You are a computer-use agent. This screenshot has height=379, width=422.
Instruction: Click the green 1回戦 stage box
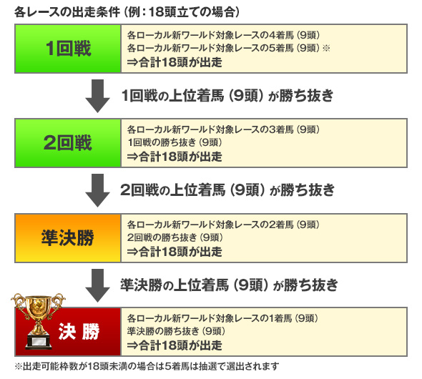tap(68, 49)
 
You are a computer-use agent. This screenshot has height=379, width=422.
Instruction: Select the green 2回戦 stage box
tap(68, 143)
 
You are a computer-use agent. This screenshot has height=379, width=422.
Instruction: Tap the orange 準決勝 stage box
tap(68, 238)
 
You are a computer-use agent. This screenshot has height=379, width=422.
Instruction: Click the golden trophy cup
tap(38, 320)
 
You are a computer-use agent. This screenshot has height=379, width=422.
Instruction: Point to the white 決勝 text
tap(79, 331)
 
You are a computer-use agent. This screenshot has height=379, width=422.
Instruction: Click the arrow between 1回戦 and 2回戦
tap(97, 96)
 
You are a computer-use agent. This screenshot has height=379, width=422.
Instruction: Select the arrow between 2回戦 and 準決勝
tap(97, 190)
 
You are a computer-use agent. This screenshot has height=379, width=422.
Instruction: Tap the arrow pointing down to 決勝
tap(97, 285)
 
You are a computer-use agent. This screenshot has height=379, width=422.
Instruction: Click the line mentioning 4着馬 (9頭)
tap(223, 35)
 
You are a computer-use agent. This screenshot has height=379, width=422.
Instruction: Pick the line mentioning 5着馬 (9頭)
tap(223, 48)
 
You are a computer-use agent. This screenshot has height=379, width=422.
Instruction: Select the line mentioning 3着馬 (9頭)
tap(223, 129)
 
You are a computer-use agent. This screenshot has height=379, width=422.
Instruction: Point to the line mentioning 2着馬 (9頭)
tap(223, 225)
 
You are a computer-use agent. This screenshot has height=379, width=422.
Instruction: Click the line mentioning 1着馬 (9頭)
tap(222, 318)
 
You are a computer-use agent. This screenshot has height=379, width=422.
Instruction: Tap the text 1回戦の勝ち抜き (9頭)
tap(175, 142)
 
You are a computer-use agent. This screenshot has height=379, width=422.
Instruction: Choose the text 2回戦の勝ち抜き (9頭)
tap(175, 237)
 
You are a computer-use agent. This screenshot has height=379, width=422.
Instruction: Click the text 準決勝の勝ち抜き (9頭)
tap(176, 331)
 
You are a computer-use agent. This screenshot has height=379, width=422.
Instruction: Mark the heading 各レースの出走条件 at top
tap(67, 12)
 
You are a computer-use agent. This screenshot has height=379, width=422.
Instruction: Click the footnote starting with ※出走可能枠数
tap(147, 366)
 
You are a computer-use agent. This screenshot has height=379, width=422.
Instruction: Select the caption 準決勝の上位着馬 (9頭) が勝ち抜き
tap(229, 285)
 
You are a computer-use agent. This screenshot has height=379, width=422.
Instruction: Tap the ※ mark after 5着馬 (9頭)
tap(326, 48)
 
